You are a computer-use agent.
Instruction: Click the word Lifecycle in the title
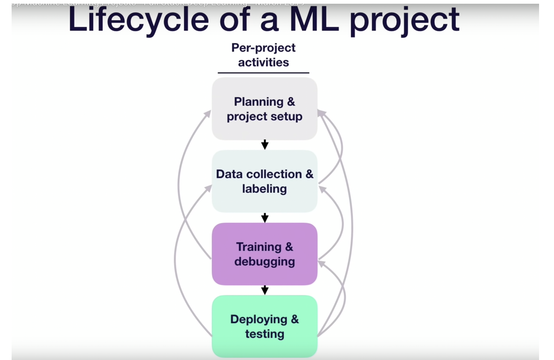(138, 20)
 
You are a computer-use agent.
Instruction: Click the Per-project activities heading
(263, 55)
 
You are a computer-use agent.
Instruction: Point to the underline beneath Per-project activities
(263, 73)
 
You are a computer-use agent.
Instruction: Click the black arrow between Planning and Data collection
(265, 145)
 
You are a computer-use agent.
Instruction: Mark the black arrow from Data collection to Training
(265, 217)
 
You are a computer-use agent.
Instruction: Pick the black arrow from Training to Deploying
(265, 290)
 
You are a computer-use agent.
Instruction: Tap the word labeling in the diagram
(265, 189)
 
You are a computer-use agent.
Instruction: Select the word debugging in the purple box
(265, 262)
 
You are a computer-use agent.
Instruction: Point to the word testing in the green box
(265, 334)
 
